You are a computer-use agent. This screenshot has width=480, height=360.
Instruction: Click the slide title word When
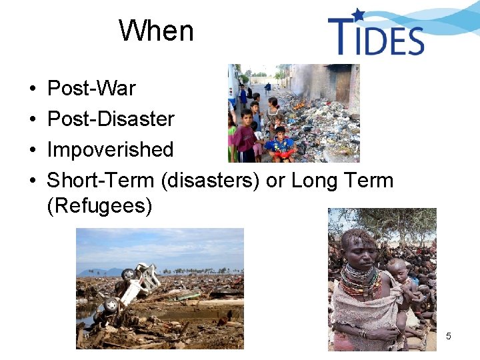coord(156,31)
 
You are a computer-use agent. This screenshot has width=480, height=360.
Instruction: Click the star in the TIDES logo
coord(359,15)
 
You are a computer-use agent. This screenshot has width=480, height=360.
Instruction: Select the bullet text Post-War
coord(91,89)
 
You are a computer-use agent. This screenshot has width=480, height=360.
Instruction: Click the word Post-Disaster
coord(111,119)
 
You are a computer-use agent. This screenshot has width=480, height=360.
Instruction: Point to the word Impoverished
coord(110,150)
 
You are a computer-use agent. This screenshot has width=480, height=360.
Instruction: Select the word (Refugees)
coord(100,206)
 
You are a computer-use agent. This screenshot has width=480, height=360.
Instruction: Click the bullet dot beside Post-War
coord(31,89)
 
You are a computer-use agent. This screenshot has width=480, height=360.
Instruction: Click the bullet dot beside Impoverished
coord(31,151)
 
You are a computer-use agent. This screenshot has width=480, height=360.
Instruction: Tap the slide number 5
coord(448,336)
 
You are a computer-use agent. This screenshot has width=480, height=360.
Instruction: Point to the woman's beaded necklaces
coord(360,280)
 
